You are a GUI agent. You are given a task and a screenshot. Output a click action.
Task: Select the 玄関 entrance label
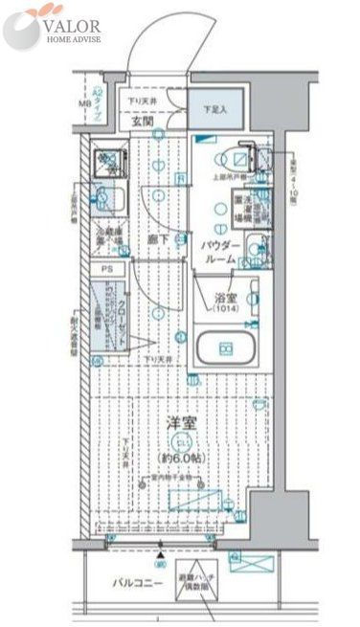point(143,123)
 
